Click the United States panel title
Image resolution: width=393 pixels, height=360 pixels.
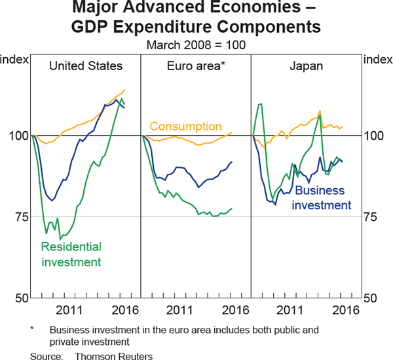tap(85, 66)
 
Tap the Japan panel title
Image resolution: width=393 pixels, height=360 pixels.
tap(305, 66)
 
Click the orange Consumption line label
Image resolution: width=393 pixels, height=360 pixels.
tap(186, 126)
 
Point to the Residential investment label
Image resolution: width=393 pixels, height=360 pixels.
tap(71, 254)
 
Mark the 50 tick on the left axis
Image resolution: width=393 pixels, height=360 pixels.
tap(18, 298)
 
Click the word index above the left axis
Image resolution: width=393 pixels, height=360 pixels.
tap(14, 60)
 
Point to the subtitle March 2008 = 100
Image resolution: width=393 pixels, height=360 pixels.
tap(196, 45)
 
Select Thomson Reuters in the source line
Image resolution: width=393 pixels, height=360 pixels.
tap(114, 355)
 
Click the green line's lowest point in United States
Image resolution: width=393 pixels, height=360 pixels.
tap(60, 239)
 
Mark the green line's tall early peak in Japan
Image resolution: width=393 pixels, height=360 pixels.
tap(261, 104)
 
